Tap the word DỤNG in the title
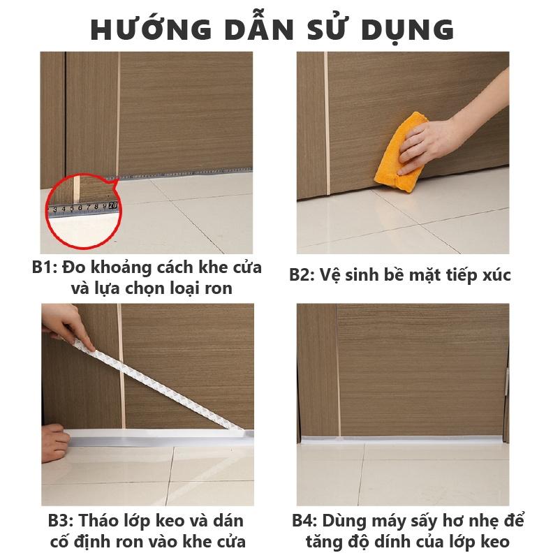(x=408, y=30)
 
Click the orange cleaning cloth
(x=400, y=152)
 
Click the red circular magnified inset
(x=84, y=211)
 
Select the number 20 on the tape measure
(x=113, y=205)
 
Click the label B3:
(x=61, y=521)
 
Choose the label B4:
(x=304, y=521)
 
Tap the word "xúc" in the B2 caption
(x=496, y=274)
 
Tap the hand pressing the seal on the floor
(x=54, y=443)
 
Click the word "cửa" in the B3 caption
(x=231, y=542)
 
